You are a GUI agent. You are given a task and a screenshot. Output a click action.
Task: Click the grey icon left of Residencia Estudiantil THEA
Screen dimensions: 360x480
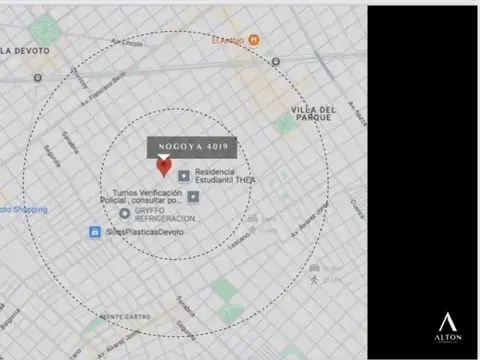[184, 176]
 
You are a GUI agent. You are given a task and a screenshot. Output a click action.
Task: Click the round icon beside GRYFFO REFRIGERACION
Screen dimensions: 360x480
[124, 213]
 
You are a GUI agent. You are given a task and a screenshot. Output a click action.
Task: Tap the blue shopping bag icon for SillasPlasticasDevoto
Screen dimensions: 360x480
[94, 232]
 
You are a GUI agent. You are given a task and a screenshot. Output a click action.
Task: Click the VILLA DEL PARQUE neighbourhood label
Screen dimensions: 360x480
[315, 111]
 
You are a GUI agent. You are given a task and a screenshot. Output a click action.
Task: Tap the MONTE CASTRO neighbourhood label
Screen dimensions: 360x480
[124, 317]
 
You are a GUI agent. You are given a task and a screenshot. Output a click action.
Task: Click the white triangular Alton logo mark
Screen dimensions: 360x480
[449, 322]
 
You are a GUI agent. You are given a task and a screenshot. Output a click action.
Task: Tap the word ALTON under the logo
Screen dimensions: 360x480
[449, 340]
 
